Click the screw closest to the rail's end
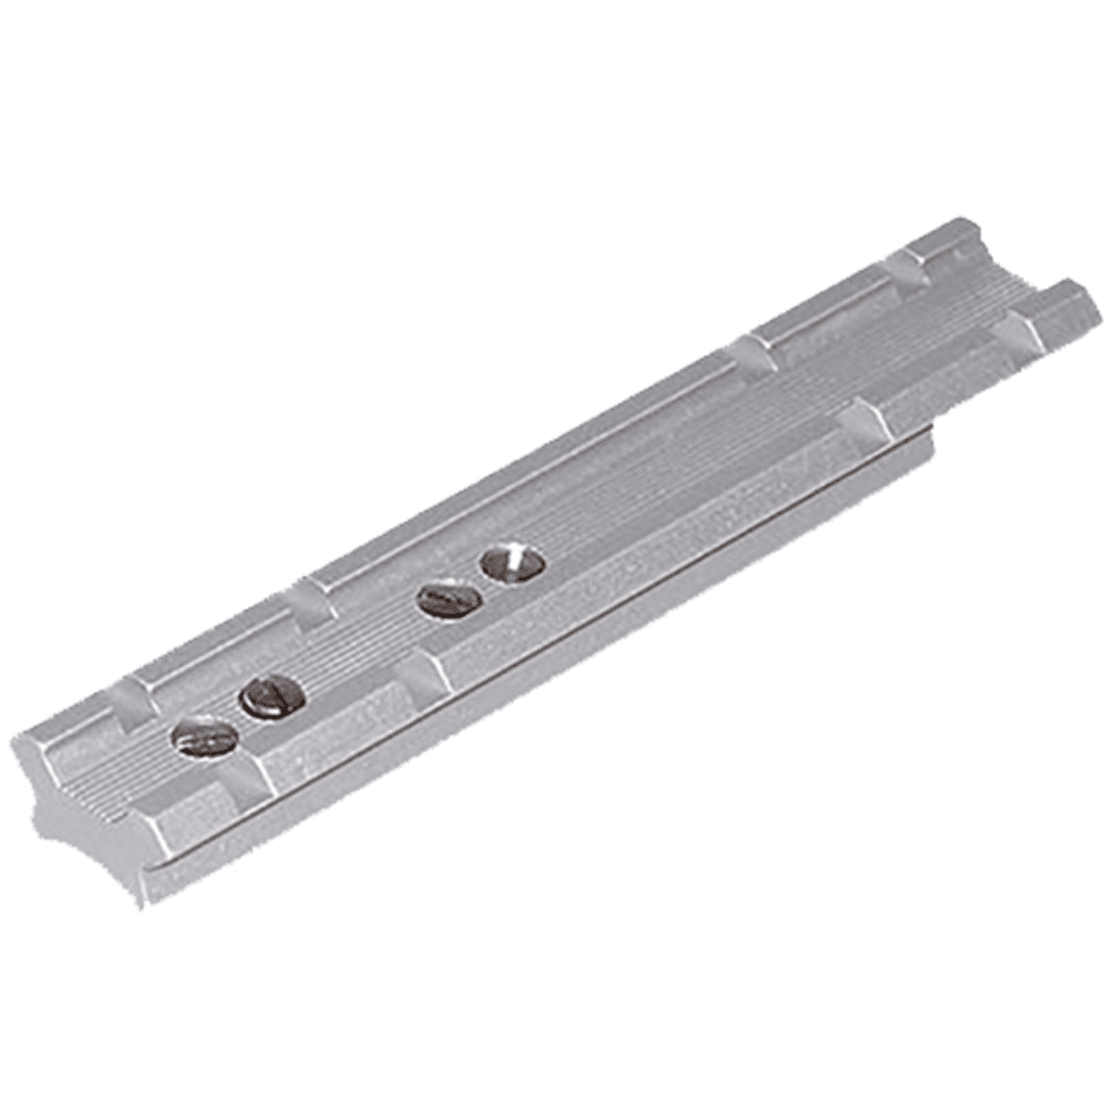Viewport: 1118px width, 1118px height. (x=204, y=737)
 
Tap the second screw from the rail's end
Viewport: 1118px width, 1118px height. (x=272, y=696)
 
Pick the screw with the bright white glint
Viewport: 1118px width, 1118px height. (x=512, y=564)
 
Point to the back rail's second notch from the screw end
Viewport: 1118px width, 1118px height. (x=317, y=601)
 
